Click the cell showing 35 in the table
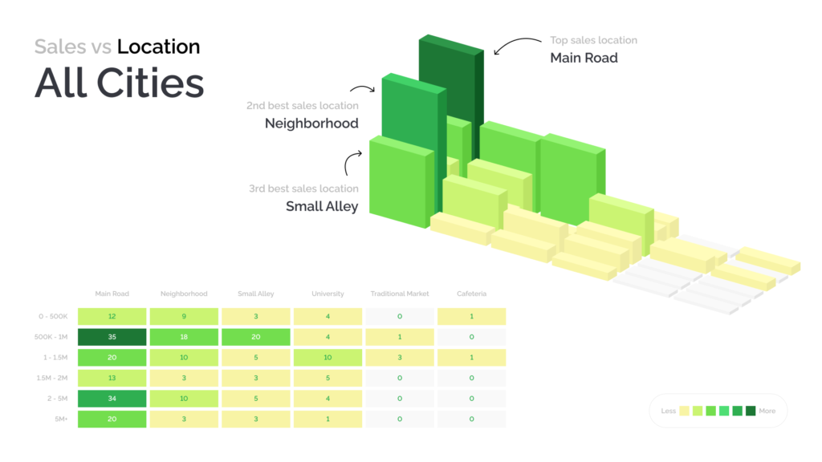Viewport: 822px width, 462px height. point(112,337)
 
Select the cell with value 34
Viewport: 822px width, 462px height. point(112,399)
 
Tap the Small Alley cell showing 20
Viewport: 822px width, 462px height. point(256,337)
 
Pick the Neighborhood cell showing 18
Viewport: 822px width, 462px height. point(184,337)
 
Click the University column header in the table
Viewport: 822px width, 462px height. point(328,294)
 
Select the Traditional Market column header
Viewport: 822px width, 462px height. point(400,294)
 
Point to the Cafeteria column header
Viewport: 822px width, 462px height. point(471,294)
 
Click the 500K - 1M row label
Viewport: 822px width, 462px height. point(51,337)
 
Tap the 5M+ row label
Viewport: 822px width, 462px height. point(61,419)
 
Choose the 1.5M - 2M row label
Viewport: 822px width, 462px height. point(52,379)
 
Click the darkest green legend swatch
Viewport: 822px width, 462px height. point(751,411)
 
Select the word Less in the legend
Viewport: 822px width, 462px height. point(669,411)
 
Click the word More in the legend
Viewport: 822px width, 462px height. point(767,411)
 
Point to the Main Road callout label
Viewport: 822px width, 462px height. point(584,58)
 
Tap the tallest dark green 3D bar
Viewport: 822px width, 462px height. point(451,95)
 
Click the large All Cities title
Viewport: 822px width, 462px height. point(120,83)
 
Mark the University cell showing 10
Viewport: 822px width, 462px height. point(328,357)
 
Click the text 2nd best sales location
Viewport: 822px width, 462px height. point(303,106)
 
